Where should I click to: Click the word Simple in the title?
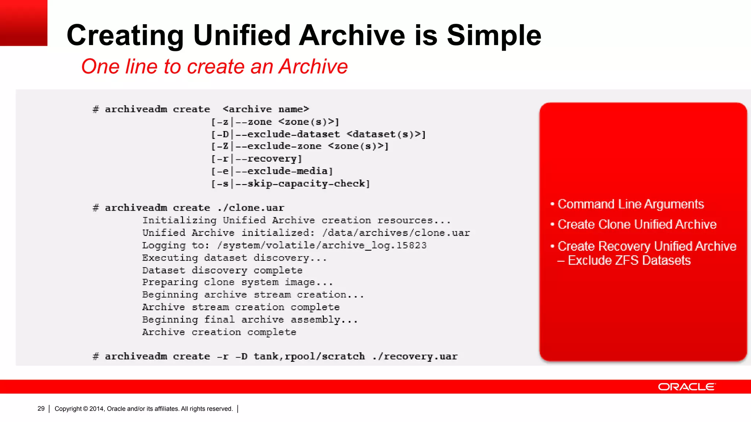coord(494,36)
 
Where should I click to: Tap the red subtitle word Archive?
coord(313,67)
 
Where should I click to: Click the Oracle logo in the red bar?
coord(686,387)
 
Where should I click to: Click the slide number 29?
coord(41,408)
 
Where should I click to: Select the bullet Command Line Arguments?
coord(630,204)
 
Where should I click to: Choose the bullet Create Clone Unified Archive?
coord(637,224)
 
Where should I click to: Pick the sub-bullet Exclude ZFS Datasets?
coord(629,260)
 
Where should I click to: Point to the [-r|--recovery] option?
coord(257,159)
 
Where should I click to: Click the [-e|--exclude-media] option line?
coord(272,171)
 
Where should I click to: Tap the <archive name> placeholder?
coord(266,109)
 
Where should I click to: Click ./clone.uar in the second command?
coord(250,208)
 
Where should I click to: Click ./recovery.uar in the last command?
coord(415,356)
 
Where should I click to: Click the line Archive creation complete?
coord(219,332)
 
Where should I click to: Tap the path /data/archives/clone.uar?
coord(396,233)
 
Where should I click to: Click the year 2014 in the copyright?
coord(96,409)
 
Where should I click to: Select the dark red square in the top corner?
coord(23,23)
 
